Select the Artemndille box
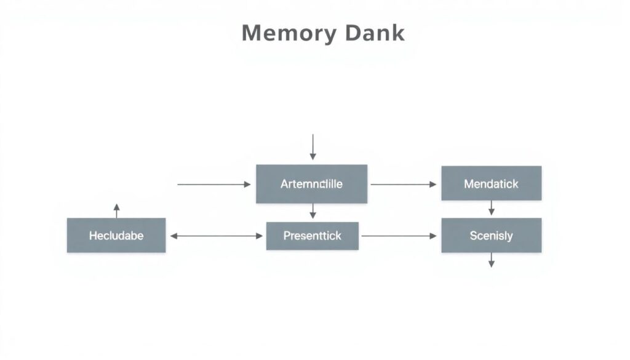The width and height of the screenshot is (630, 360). click(x=311, y=184)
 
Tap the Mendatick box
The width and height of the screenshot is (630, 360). click(x=491, y=183)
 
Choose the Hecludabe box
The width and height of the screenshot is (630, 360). click(x=116, y=235)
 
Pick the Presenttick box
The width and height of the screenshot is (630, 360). click(x=312, y=236)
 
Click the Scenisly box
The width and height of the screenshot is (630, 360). click(x=491, y=235)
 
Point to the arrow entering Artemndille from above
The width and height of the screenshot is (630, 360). click(x=313, y=147)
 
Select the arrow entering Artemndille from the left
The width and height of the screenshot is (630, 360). click(x=214, y=184)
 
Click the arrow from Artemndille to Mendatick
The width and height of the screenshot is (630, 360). click(x=404, y=184)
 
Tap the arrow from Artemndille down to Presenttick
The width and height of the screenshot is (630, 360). click(x=313, y=211)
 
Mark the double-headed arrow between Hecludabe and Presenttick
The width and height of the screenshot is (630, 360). click(x=216, y=236)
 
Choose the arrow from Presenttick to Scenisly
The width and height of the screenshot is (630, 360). click(x=399, y=236)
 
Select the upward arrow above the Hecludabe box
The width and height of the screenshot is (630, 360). click(x=116, y=210)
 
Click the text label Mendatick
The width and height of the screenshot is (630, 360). click(x=491, y=184)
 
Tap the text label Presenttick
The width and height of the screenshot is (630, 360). click(x=312, y=236)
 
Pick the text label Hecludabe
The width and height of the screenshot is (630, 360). click(x=116, y=236)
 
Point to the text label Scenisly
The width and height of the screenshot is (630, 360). click(x=491, y=236)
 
